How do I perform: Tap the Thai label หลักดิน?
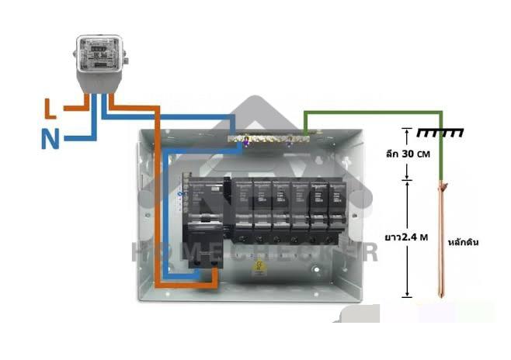(x=464, y=242)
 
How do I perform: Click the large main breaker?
(x=203, y=217)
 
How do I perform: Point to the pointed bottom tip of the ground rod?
(x=443, y=296)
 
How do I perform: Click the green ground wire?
(x=373, y=112)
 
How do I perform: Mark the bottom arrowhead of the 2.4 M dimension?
(x=405, y=295)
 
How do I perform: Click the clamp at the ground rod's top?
(x=443, y=187)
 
